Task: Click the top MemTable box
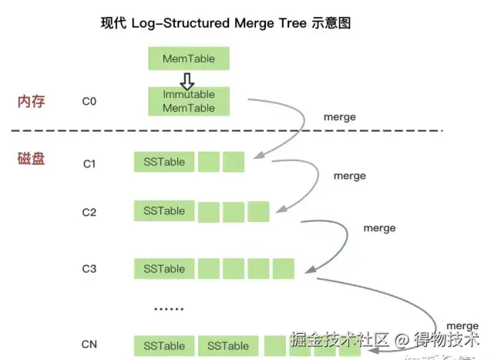point(189,59)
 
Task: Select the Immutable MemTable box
point(189,101)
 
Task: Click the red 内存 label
point(33,101)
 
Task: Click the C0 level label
point(89,101)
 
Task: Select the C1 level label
point(89,163)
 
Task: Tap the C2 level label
point(89,212)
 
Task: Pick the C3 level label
point(89,269)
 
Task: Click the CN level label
point(89,344)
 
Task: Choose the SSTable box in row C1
point(163,162)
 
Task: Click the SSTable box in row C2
point(163,210)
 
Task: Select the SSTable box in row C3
point(163,268)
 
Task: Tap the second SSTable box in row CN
point(228,345)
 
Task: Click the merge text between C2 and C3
point(379,228)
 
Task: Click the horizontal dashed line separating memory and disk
point(231,130)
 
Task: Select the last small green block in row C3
point(284,268)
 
